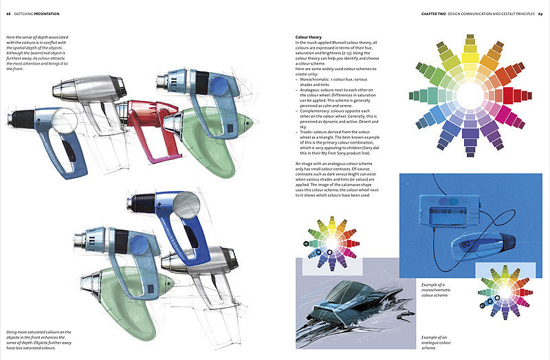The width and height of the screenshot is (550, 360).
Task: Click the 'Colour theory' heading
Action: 308,37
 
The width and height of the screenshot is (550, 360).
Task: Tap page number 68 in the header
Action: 8,14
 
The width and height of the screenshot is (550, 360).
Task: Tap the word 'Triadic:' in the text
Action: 307,133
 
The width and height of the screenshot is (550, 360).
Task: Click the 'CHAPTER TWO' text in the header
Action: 435,14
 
